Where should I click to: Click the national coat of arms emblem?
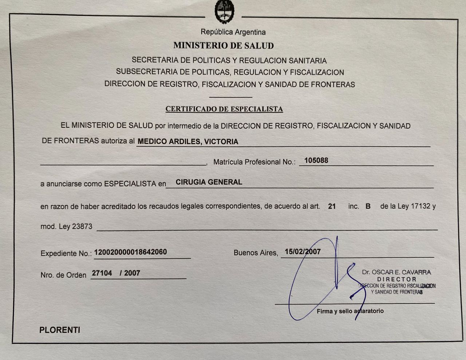[223, 11]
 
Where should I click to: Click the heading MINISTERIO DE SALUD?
[224, 46]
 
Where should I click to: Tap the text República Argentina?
[233, 32]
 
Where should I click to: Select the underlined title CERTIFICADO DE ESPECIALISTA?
[224, 109]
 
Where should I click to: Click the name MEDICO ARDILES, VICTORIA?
[187, 142]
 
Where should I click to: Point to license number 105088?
[316, 161]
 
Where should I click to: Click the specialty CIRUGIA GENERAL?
[209, 182]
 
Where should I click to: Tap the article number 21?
[332, 206]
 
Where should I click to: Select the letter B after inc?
[368, 206]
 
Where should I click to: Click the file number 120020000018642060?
[130, 252]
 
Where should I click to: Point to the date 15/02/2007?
[303, 252]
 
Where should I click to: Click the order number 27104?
[102, 273]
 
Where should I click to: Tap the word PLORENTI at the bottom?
[60, 330]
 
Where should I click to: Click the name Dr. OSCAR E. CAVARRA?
[396, 272]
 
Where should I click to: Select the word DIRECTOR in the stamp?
[396, 279]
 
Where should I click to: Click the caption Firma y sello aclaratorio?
[350, 311]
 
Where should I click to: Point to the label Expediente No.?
[66, 253]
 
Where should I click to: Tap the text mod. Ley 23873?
[66, 226]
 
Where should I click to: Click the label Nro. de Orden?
[63, 275]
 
